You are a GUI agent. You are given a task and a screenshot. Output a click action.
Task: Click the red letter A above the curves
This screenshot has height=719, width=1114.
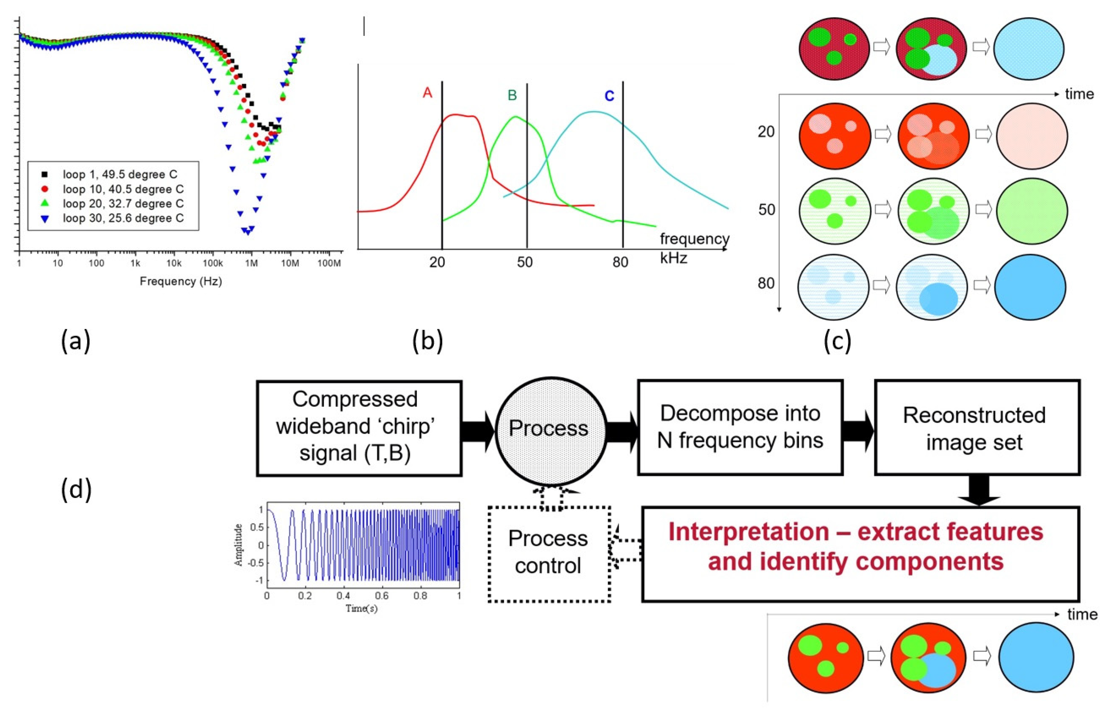[427, 94]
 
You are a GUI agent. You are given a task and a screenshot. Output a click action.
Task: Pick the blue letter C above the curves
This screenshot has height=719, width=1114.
[609, 96]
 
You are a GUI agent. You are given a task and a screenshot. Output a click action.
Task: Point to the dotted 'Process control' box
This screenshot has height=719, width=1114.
[549, 553]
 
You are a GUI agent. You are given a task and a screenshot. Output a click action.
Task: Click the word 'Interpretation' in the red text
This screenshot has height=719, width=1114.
[748, 532]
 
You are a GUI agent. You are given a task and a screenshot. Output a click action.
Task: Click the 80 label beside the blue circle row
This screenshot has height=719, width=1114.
[766, 284]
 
